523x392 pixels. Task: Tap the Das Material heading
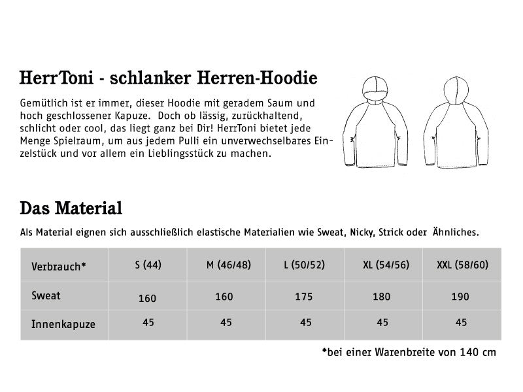coord(71,209)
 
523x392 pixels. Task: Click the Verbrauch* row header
coord(58,267)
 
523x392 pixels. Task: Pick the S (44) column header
coord(148,266)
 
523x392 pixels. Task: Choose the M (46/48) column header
coord(227,266)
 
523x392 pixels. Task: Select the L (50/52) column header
coord(305,266)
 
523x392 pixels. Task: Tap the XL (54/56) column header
coord(386,266)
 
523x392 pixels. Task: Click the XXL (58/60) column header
coord(462,266)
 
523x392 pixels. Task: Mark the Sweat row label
coord(46,296)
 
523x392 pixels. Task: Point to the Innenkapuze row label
coord(63,323)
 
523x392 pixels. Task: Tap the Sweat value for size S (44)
coord(148,299)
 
